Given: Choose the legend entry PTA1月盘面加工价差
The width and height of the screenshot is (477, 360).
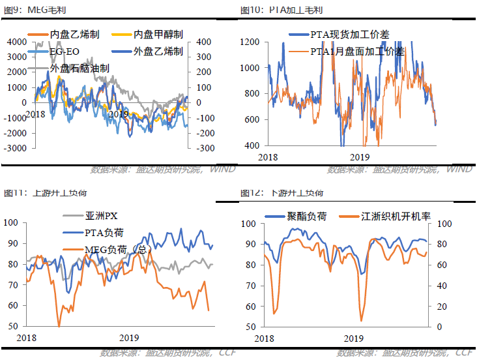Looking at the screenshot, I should (357, 50).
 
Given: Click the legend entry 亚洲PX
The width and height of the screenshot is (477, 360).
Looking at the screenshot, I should (101, 216).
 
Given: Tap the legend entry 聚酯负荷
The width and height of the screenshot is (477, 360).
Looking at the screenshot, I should (307, 216).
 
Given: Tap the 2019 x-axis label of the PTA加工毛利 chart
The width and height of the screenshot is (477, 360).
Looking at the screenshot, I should (360, 157).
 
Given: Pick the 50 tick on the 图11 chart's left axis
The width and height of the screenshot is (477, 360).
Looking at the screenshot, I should (12, 326).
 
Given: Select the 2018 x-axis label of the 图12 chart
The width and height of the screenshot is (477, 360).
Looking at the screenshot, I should (265, 338).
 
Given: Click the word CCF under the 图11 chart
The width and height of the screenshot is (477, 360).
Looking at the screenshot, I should (227, 353).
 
